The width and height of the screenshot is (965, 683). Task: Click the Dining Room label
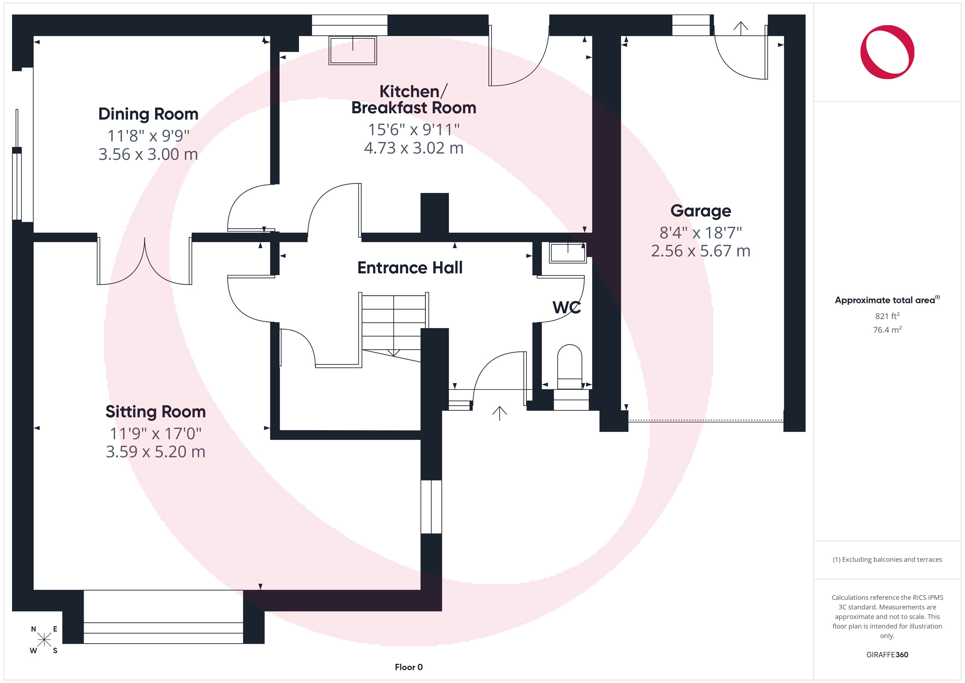(148, 114)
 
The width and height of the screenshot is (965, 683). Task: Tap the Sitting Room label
(156, 412)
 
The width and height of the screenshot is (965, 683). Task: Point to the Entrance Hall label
(410, 267)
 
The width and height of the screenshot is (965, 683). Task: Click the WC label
(566, 308)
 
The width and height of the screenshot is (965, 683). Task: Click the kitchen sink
(352, 50)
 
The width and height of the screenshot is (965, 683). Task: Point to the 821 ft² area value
(887, 316)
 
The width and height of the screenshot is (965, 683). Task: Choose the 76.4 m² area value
(887, 330)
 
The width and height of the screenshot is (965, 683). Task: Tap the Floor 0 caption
(409, 667)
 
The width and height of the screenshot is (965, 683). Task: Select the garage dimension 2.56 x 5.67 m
(701, 251)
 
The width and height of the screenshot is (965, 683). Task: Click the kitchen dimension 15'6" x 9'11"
(414, 129)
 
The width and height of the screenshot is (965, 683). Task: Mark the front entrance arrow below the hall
(499, 413)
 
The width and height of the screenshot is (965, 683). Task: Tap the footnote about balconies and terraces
(887, 559)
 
